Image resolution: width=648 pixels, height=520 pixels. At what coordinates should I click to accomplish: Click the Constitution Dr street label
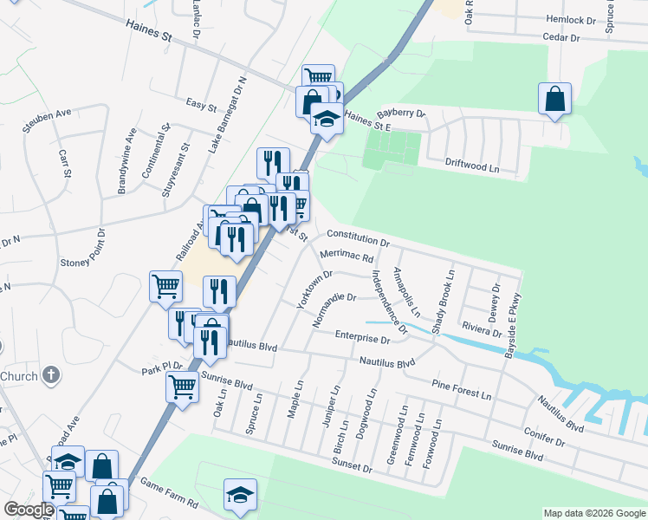pyautogui.click(x=359, y=238)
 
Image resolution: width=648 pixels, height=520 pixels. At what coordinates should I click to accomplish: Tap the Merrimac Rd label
pyautogui.click(x=346, y=256)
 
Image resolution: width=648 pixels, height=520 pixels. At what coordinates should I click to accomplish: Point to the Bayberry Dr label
pyautogui.click(x=403, y=114)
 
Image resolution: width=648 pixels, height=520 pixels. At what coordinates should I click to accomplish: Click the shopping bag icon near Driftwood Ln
pyautogui.click(x=554, y=101)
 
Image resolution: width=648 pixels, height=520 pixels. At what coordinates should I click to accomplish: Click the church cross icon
pyautogui.click(x=52, y=376)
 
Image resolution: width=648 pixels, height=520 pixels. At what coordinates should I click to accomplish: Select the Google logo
pyautogui.click(x=29, y=510)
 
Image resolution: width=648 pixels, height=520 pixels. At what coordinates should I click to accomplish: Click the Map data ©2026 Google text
pyautogui.click(x=593, y=513)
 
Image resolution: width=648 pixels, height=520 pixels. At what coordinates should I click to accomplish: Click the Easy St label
pyautogui.click(x=201, y=106)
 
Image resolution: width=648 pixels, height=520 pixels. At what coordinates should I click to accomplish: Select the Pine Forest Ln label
pyautogui.click(x=461, y=387)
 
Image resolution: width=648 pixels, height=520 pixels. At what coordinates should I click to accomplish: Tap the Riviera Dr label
pyautogui.click(x=482, y=331)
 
